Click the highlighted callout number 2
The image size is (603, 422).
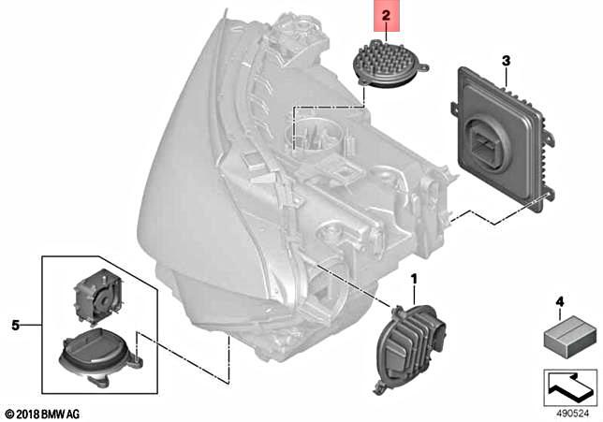[x=386, y=16]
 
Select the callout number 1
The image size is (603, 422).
[x=414, y=279]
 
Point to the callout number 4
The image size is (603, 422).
[x=559, y=301]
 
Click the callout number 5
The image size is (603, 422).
[x=14, y=324]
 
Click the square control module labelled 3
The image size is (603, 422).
[x=501, y=140]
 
